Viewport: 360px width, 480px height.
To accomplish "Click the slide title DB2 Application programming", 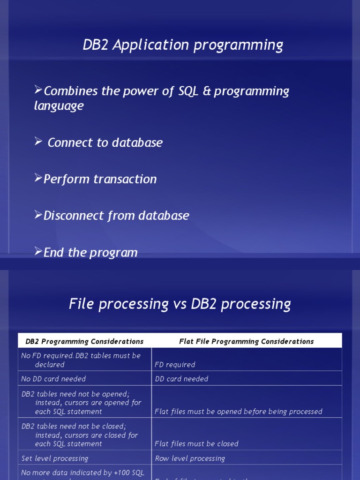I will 183,45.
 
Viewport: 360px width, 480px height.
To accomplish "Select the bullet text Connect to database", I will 105,143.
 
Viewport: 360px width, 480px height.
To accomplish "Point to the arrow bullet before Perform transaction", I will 38,178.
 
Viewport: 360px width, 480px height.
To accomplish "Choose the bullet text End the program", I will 90,253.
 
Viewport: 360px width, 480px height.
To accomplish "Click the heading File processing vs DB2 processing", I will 180,304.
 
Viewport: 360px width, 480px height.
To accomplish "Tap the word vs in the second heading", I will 180,304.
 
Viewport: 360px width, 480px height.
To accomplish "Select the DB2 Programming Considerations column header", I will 84,341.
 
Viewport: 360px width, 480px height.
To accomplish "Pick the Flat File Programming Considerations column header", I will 247,341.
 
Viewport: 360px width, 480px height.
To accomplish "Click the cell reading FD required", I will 175,365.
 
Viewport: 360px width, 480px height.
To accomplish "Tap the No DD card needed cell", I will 53,379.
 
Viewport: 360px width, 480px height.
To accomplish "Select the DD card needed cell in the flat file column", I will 181,379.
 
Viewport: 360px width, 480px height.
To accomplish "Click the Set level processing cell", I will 55,458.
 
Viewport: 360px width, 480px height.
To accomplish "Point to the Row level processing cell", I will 190,458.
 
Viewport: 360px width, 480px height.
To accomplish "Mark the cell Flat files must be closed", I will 196,444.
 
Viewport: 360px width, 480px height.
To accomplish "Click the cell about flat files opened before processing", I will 239,412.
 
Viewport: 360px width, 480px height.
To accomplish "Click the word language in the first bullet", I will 59,106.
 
